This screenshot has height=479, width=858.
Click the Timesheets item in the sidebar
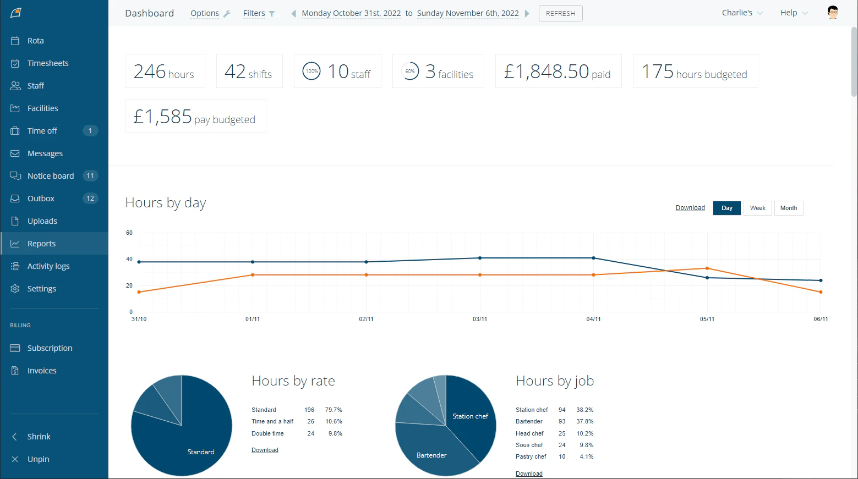(x=48, y=63)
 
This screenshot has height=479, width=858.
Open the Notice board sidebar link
(x=50, y=176)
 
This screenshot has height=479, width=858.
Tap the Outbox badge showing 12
(x=90, y=199)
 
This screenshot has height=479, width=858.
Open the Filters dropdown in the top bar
(x=259, y=13)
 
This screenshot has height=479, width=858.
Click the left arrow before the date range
(x=294, y=13)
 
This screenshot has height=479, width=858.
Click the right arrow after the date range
(x=527, y=13)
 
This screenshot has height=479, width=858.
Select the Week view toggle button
(x=757, y=208)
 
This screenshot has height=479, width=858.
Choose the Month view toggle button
(x=788, y=208)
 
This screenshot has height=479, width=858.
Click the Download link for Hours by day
(x=690, y=208)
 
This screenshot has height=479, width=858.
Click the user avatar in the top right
(x=832, y=13)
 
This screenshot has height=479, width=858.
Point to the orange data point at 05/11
(x=707, y=268)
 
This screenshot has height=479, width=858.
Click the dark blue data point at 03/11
(x=480, y=258)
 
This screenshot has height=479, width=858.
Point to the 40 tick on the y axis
(x=129, y=259)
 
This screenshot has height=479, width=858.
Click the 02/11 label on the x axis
(x=366, y=319)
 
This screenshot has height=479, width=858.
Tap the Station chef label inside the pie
(x=470, y=416)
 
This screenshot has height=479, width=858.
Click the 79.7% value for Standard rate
(x=334, y=410)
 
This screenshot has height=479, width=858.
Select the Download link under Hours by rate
(x=265, y=450)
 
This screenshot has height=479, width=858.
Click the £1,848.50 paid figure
(x=558, y=71)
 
